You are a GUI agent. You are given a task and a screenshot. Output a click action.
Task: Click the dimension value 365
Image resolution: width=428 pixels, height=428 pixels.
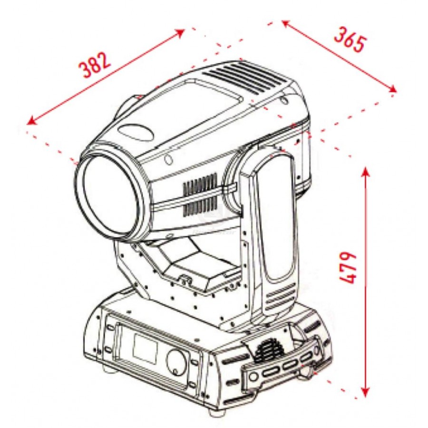(350, 39)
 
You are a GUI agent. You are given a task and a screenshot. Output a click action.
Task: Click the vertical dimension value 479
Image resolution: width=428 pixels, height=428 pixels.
(348, 267)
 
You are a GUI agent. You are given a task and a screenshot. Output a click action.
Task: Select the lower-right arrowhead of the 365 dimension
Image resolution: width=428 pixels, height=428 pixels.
(392, 89)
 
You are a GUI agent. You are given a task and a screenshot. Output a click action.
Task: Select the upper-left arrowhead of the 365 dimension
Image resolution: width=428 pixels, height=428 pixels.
(285, 23)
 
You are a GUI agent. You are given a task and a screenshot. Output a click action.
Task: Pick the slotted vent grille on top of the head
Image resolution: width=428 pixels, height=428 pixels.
(243, 78)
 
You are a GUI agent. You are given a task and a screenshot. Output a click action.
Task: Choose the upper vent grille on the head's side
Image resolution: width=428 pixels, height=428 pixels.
(200, 184)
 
